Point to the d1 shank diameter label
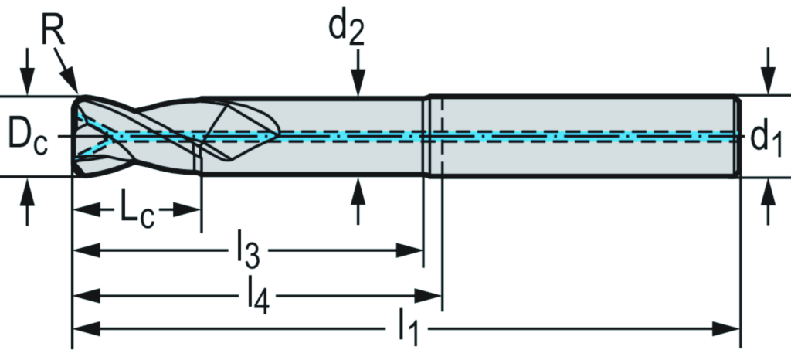pyautogui.click(x=766, y=137)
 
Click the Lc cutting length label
pyautogui.click(x=136, y=210)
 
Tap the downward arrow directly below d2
pyautogui.click(x=358, y=77)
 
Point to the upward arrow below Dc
pyautogui.click(x=28, y=202)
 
